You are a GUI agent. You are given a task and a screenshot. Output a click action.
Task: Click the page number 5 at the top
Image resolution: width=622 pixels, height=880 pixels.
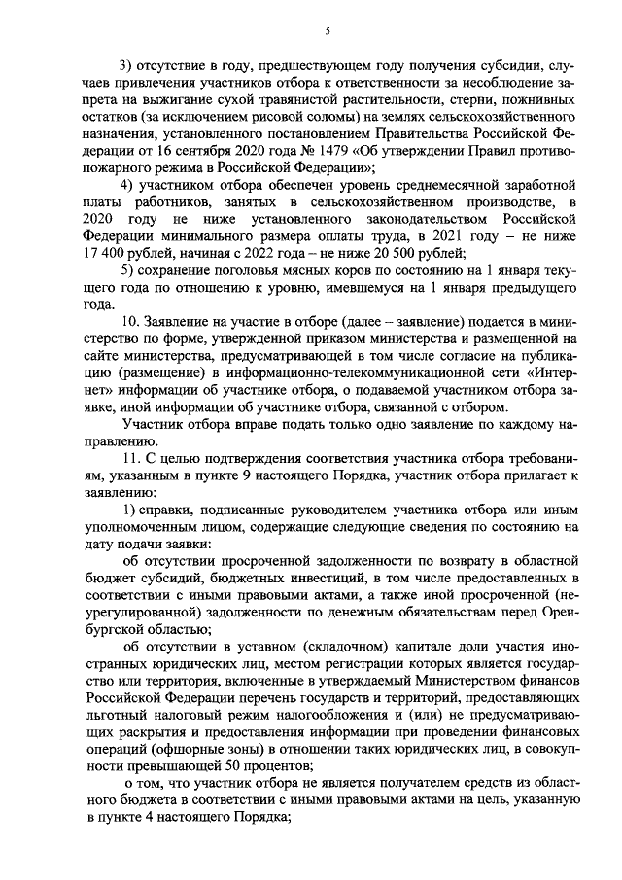click(x=328, y=31)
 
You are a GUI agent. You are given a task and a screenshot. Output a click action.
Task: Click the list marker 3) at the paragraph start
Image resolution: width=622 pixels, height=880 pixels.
click(x=126, y=67)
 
